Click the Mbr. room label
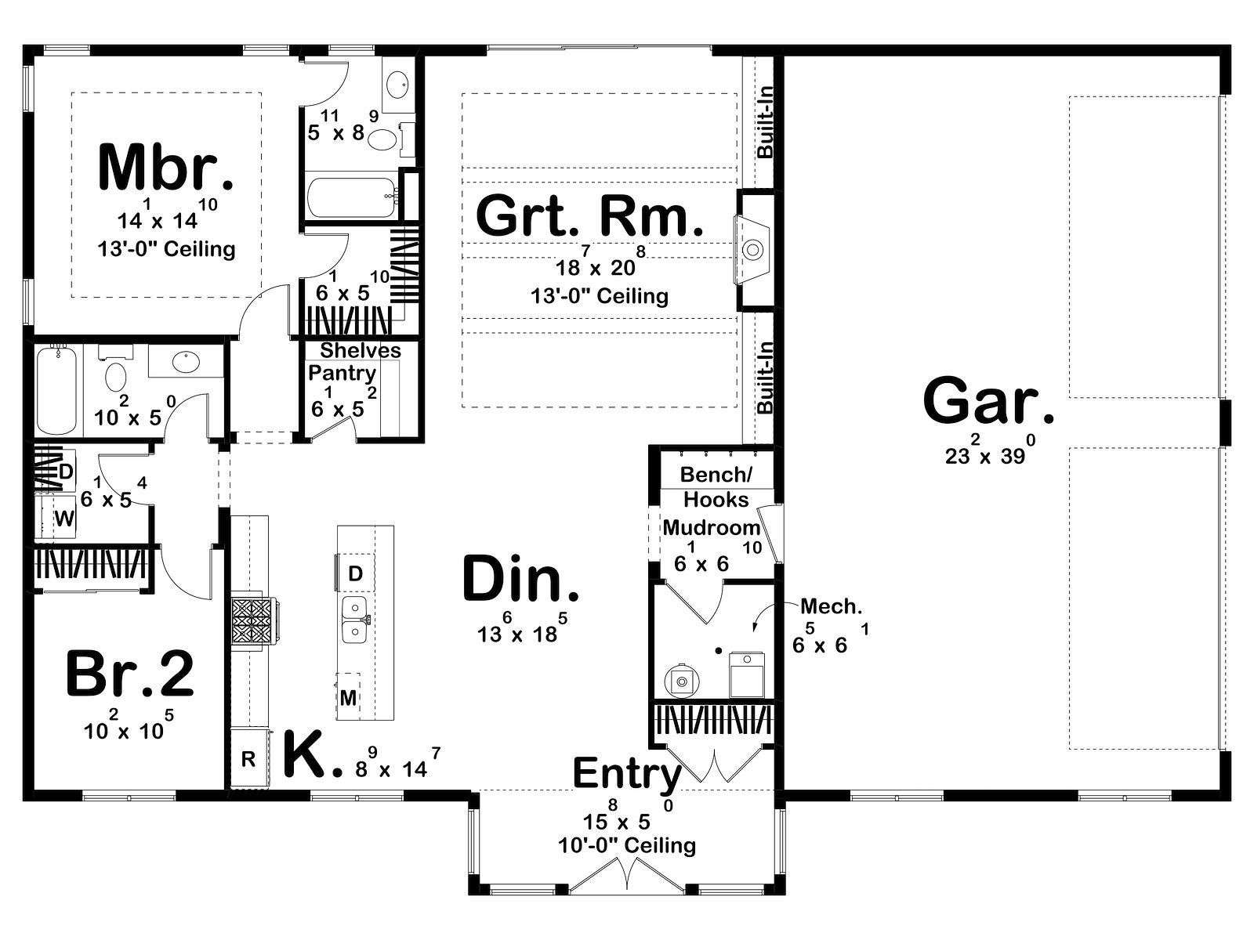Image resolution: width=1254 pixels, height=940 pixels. pos(165,168)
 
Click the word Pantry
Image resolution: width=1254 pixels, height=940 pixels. pos(342,374)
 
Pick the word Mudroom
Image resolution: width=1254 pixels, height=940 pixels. pos(712,527)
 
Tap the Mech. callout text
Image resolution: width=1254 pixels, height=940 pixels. pos(832,606)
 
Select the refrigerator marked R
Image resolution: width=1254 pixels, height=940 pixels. pos(248,758)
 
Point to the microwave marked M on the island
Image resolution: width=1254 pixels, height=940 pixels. pos(348,697)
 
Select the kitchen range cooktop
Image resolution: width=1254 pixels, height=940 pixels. pos(253,621)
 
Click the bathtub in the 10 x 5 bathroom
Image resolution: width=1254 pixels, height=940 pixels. pos(56,391)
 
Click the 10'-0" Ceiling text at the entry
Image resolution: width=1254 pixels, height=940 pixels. pos(627,845)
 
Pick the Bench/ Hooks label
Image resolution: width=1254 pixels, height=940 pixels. pos(716,486)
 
